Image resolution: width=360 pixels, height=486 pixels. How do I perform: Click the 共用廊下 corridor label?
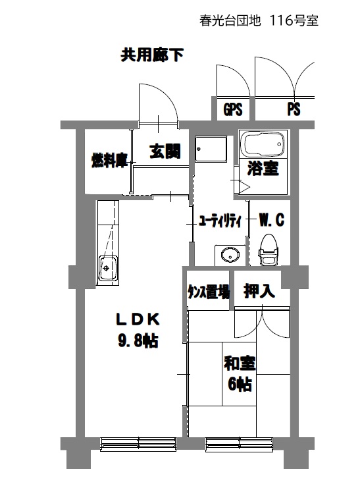coord(152,55)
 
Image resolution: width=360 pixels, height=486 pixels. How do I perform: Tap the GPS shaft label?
coord(233,109)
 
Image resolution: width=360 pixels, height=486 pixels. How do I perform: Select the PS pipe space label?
coord(294,109)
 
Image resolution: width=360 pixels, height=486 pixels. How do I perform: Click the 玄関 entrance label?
coord(165,151)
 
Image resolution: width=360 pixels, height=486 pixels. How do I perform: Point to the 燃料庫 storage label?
coord(110,161)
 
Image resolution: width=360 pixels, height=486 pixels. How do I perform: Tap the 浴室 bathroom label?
coord(263,169)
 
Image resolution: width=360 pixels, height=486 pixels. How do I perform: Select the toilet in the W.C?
coord(269,250)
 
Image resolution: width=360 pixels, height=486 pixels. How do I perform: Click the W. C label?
coord(271,220)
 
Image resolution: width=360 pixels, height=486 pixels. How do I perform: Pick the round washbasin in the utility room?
coord(230,256)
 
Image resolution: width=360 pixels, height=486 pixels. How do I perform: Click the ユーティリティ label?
coord(220,221)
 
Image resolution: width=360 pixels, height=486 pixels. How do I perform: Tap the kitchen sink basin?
coord(108,268)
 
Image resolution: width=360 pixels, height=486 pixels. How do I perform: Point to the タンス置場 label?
coord(209,292)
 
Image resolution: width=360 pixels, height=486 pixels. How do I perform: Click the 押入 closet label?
coord(259,290)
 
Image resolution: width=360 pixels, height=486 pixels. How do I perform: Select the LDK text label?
coord(138,319)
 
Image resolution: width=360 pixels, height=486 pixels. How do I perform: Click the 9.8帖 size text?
coord(138,340)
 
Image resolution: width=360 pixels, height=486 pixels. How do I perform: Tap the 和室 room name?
coord(240,364)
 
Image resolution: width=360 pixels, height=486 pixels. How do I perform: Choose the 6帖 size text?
coord(240,385)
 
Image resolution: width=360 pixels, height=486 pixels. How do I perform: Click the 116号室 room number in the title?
coord(294,21)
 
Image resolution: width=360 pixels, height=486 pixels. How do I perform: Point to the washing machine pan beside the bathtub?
coord(211,149)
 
